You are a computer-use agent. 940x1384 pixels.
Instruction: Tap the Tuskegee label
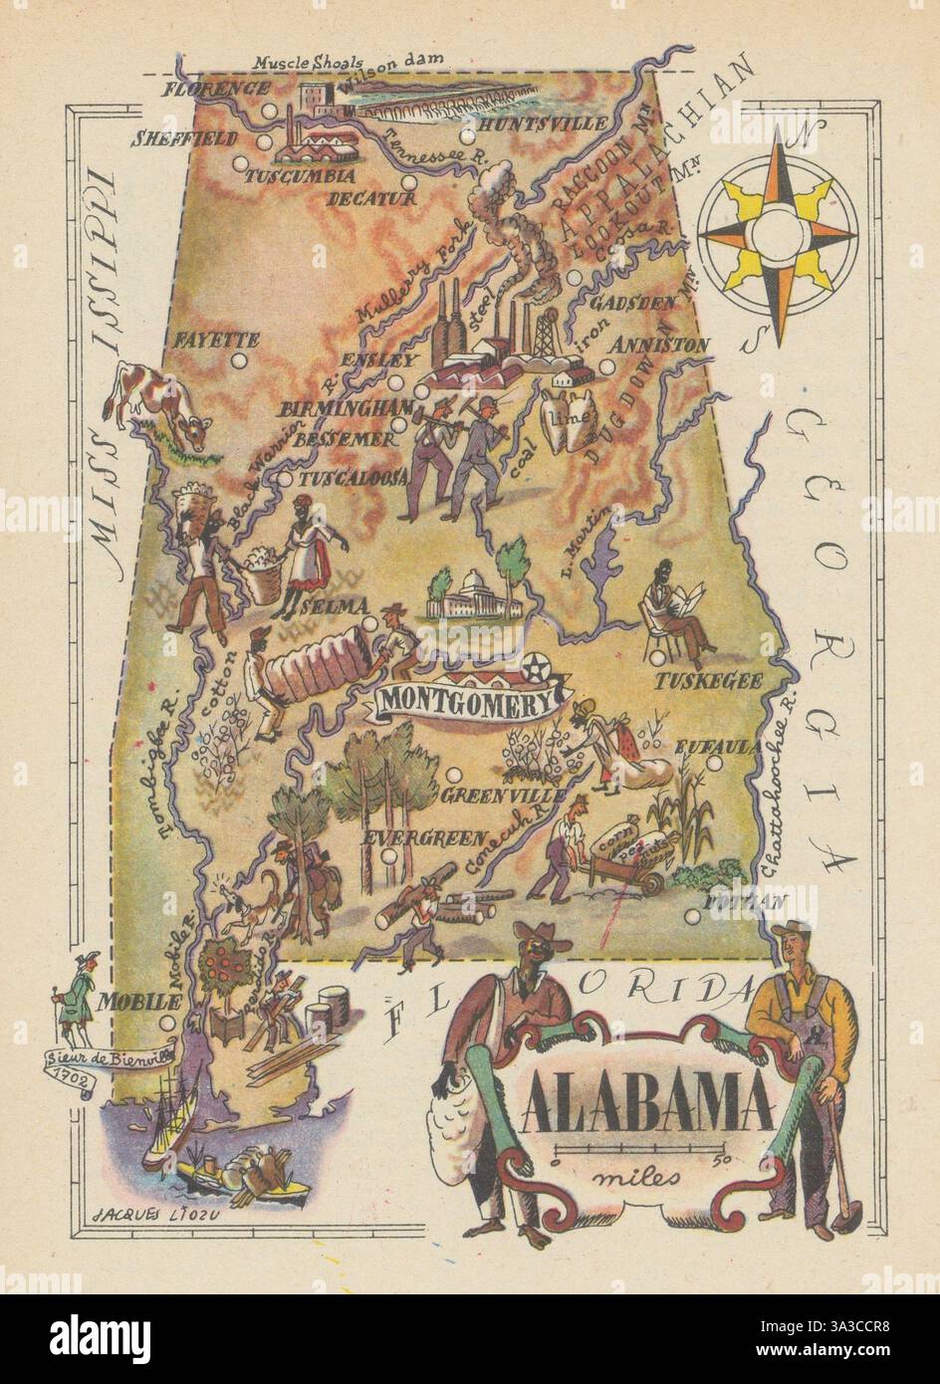[709, 682]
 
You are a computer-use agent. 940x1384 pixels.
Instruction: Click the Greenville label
[504, 796]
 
